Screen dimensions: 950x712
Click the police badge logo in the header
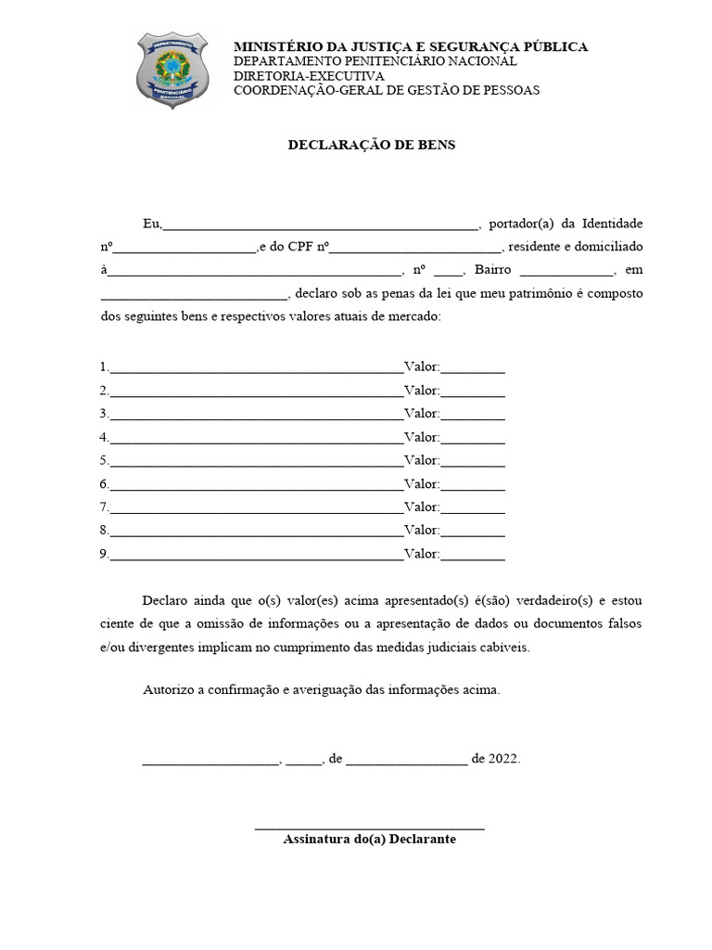pos(172,70)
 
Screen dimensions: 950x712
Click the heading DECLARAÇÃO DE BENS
pos(371,145)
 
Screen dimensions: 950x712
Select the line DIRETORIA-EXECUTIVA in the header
pos(309,75)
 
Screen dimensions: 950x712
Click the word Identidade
pos(612,224)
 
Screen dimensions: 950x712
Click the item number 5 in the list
pos(104,460)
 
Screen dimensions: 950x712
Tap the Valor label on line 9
pos(421,554)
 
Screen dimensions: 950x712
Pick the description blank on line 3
pos(256,415)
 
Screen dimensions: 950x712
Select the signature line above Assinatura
pos(369,827)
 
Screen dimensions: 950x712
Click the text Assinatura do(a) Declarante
pos(369,839)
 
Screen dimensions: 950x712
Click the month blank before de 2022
pos(408,760)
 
